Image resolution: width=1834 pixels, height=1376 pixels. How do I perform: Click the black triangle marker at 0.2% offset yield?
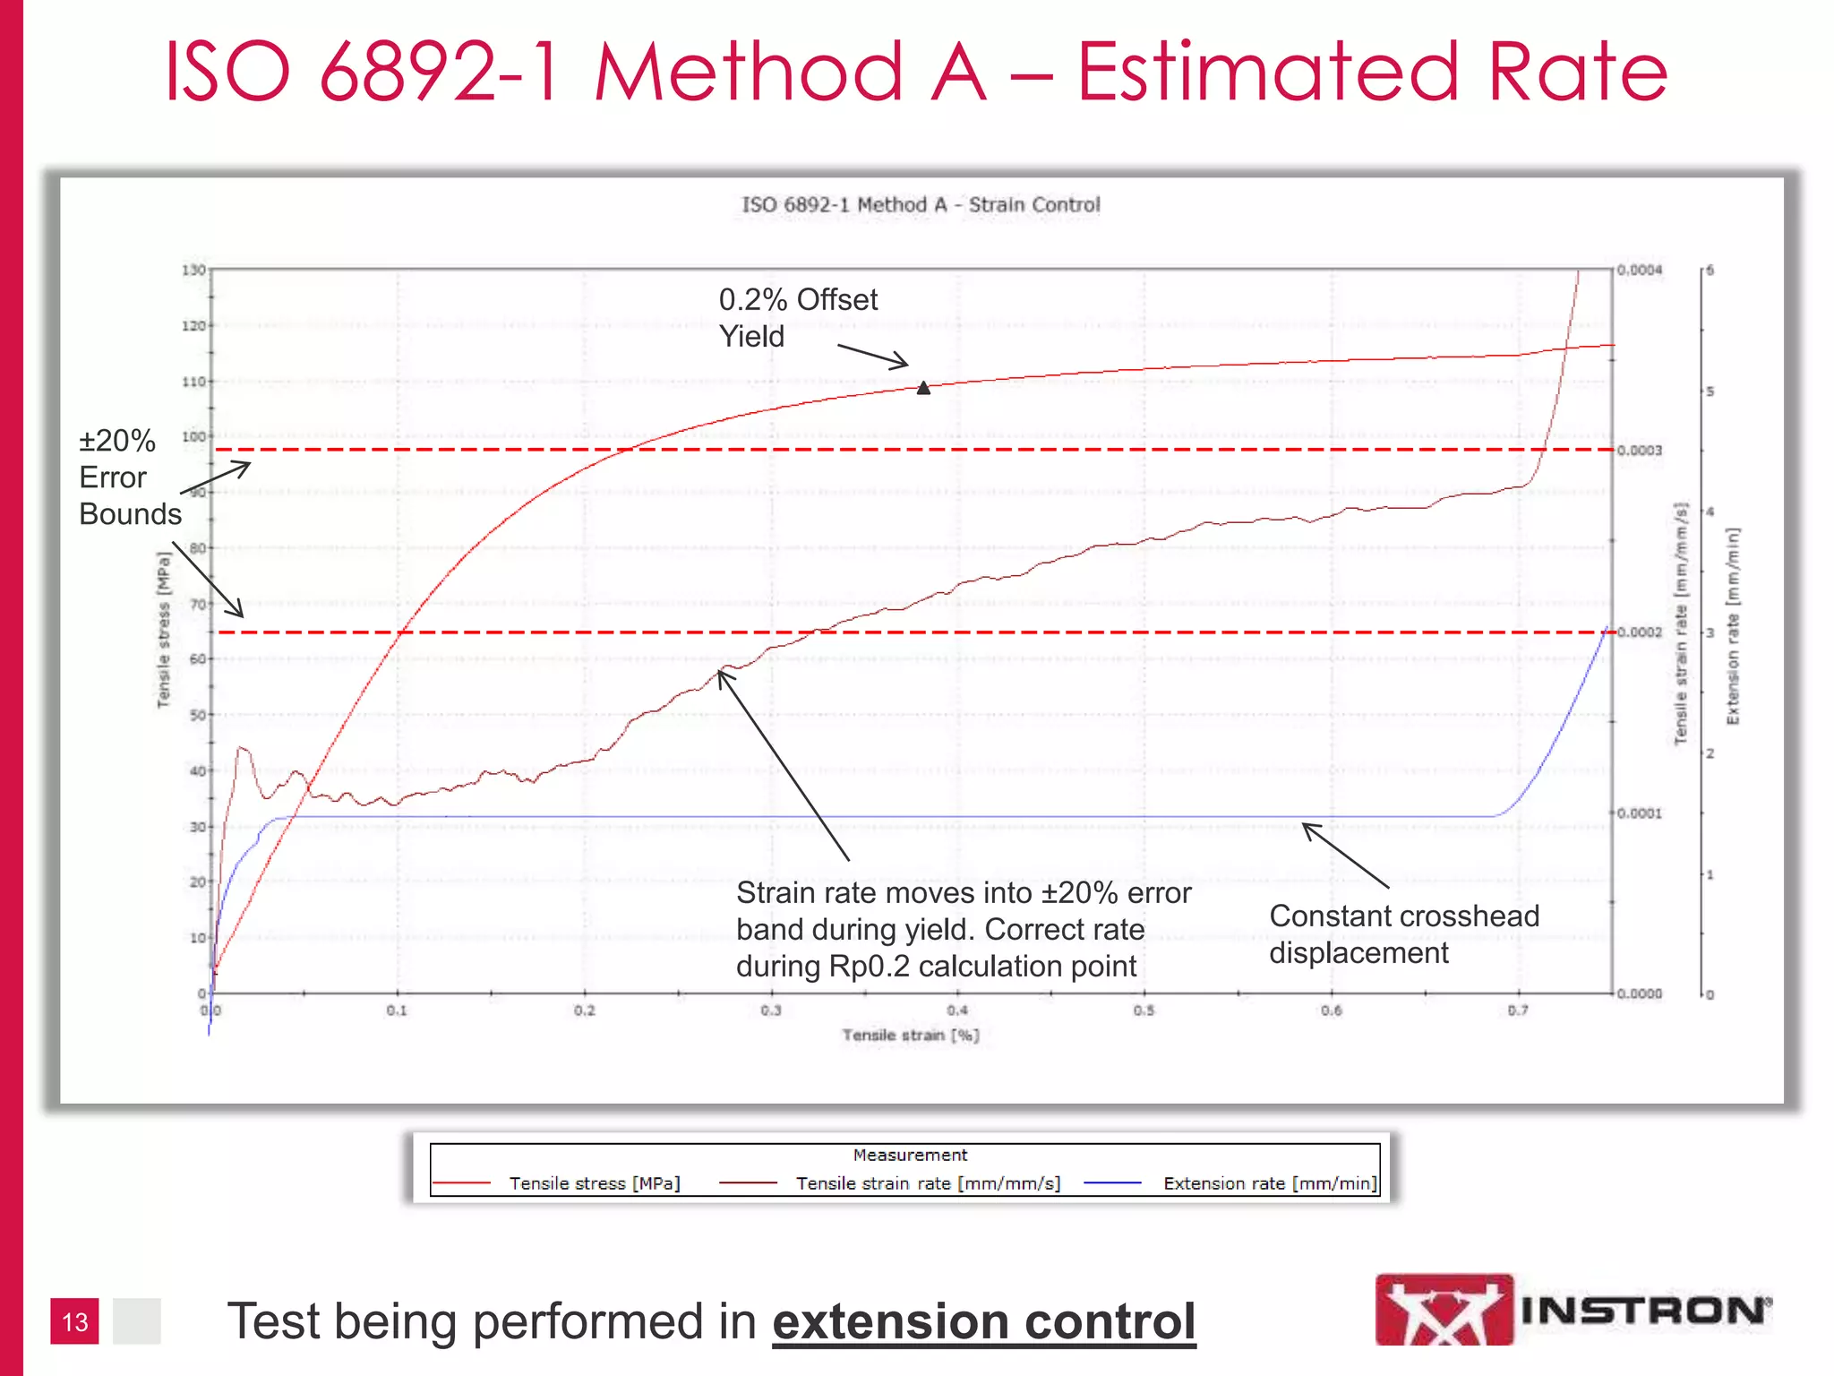point(923,388)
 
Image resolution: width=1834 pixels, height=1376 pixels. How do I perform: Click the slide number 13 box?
point(74,1321)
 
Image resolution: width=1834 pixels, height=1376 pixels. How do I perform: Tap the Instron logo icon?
point(1444,1310)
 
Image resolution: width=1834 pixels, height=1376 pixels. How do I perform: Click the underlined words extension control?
point(983,1322)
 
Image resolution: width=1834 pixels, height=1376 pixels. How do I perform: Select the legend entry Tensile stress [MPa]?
point(594,1183)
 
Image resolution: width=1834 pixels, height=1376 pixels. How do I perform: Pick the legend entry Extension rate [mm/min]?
point(1269,1183)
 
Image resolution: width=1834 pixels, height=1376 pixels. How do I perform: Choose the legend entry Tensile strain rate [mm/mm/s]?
point(928,1183)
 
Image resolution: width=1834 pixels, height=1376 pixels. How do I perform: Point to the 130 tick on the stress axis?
point(193,270)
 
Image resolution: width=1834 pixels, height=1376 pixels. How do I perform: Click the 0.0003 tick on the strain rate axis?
point(1639,451)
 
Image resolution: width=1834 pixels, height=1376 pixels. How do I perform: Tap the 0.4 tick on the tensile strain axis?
point(957,1010)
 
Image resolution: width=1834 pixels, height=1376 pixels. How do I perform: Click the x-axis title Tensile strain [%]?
point(910,1036)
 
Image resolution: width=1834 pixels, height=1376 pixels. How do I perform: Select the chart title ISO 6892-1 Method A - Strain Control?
point(920,205)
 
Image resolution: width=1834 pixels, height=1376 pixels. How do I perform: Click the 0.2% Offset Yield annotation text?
point(797,318)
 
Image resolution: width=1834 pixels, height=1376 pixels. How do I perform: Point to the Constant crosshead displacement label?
point(1402,934)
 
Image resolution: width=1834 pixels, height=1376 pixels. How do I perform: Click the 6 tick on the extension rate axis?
point(1710,270)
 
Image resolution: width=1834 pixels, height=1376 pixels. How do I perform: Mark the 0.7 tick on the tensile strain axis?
point(1518,1010)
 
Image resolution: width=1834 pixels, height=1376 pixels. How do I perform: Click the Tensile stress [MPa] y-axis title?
point(163,630)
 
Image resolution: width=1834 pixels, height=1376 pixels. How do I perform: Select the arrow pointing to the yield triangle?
point(872,356)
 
